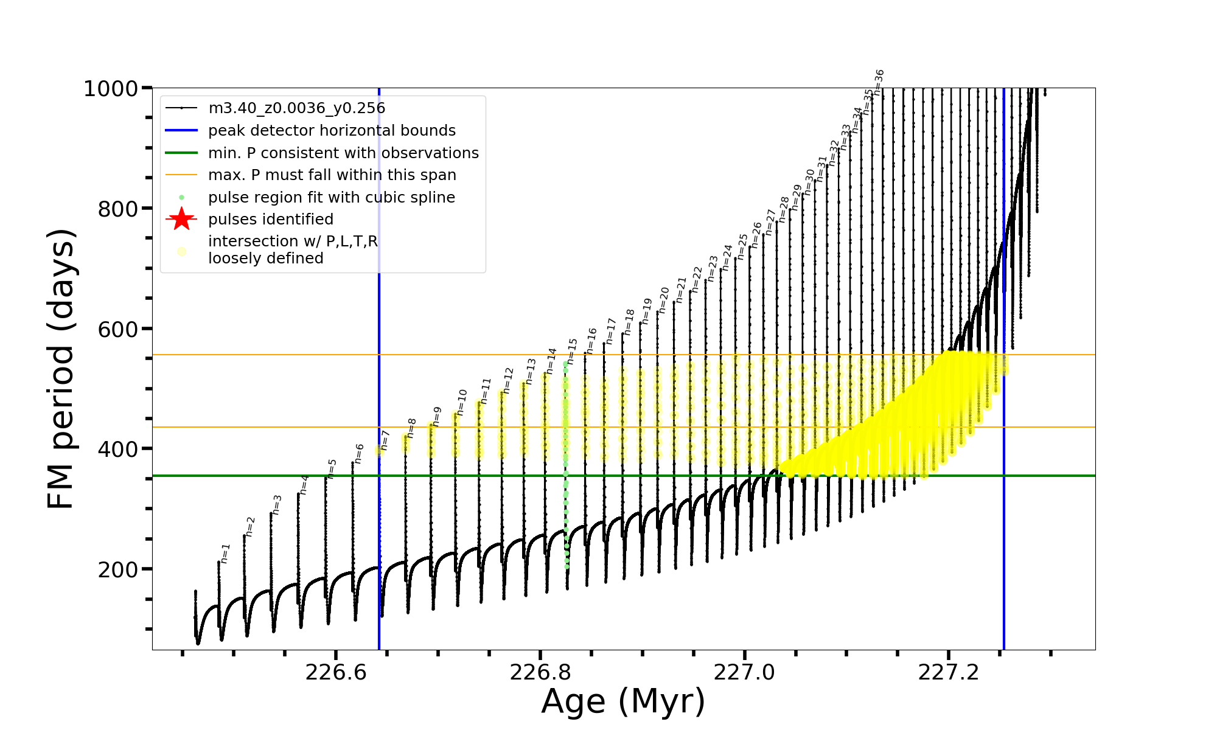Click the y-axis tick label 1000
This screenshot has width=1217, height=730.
pos(110,89)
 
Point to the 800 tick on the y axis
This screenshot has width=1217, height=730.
pos(118,209)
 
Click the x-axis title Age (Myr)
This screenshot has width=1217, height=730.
pos(623,701)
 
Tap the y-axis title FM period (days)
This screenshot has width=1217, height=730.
pos(61,369)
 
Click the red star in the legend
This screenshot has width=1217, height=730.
pos(181,219)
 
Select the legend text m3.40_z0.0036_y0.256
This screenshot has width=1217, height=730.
pos(296,108)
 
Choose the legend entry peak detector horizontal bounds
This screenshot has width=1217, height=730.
pos(332,131)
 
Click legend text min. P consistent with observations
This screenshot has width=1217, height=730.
pos(343,153)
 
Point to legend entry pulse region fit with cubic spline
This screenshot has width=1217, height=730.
pos(331,198)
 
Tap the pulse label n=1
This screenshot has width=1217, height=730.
pos(225,554)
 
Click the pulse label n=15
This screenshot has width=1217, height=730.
pos(571,351)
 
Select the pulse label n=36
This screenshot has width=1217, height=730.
pos(879,82)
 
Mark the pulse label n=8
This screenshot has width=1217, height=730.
pos(412,428)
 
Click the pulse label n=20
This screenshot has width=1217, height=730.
pos(664,301)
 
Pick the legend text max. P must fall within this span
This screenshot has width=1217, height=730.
pos(332,175)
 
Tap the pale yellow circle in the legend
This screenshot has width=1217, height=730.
pos(181,251)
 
